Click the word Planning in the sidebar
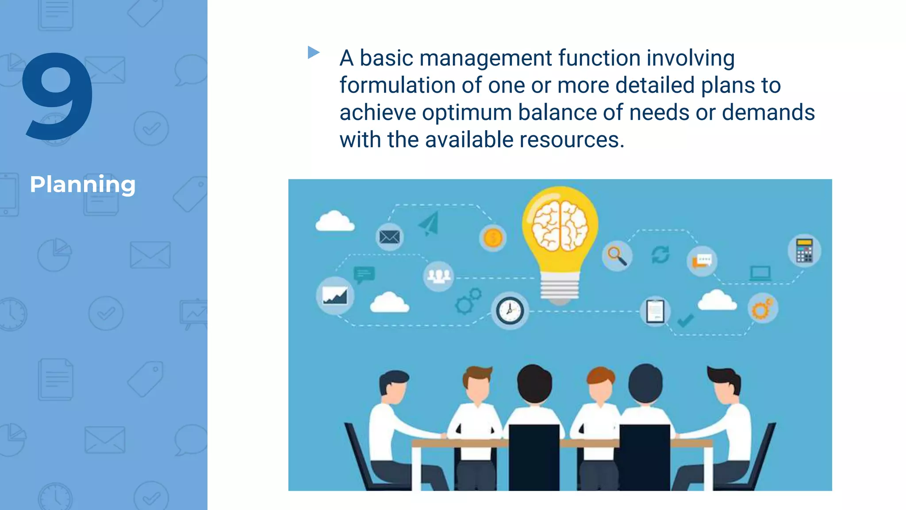tap(83, 185)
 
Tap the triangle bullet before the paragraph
tap(313, 52)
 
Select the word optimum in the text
tap(467, 113)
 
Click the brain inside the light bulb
tap(560, 226)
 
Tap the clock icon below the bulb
tap(510, 310)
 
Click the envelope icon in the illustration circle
tap(389, 237)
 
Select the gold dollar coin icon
tap(492, 238)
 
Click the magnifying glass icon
tap(617, 256)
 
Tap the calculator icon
tap(804, 251)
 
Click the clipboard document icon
tap(655, 311)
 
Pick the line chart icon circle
tap(335, 296)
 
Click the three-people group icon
tap(438, 276)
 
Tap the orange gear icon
tap(762, 309)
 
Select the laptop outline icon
tap(760, 273)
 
